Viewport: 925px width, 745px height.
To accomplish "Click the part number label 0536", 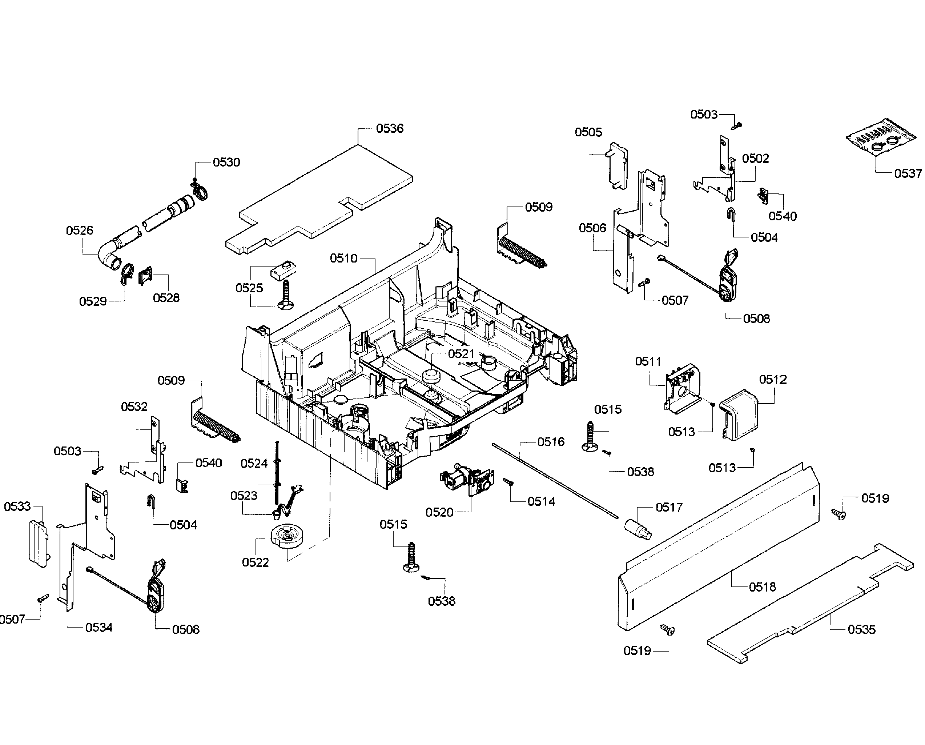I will coord(390,128).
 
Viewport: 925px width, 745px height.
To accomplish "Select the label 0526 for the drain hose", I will coord(79,231).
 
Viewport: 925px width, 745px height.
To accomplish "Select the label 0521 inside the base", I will coord(461,354).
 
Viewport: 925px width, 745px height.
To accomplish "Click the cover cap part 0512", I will coord(740,414).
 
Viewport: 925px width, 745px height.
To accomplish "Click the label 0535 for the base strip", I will coord(861,629).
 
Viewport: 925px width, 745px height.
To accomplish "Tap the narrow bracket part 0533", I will coord(38,544).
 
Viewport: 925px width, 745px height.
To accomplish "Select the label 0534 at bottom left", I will coord(98,628).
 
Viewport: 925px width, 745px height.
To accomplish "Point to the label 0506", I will coord(592,228).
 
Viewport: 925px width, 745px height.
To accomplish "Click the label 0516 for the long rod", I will coord(551,442).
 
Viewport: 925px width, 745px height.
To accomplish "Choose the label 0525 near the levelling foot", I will coord(249,288).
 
